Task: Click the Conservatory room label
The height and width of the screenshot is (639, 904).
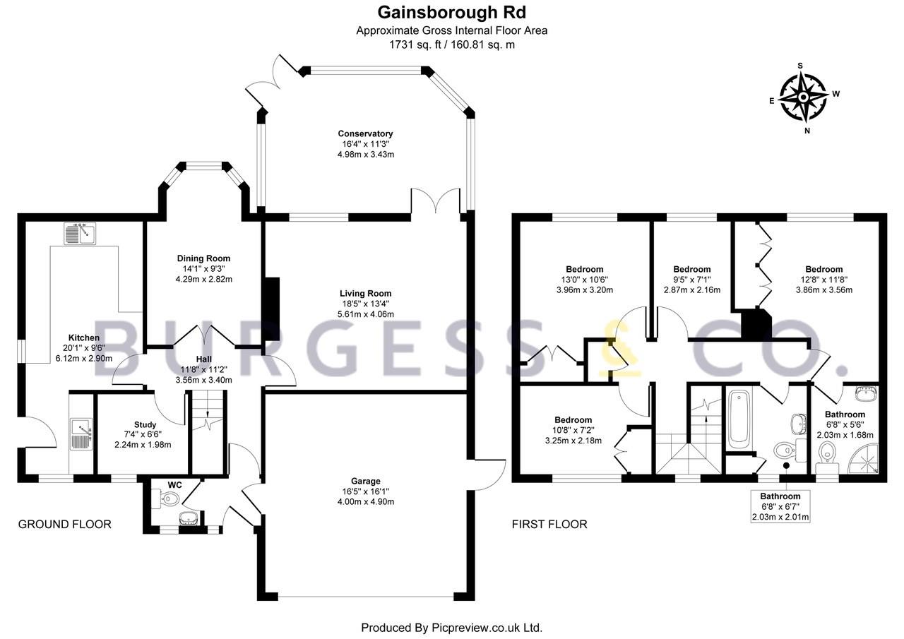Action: (365, 133)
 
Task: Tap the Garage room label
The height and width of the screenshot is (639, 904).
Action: (365, 481)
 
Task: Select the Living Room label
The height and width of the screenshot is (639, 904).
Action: (365, 293)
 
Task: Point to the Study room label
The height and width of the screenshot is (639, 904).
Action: (145, 424)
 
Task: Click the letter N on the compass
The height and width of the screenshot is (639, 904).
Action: (807, 131)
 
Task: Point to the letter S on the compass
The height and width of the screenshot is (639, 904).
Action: (800, 66)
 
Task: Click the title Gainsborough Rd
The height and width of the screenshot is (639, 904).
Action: (451, 13)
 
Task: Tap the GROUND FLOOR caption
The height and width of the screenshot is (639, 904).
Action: (64, 524)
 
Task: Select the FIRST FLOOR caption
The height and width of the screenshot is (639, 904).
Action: (549, 524)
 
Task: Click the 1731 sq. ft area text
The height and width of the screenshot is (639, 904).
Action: (416, 44)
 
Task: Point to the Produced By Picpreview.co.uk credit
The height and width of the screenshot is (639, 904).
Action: (451, 627)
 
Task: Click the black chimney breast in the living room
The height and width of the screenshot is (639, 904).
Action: (271, 309)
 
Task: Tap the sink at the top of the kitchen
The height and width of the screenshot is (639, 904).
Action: (80, 234)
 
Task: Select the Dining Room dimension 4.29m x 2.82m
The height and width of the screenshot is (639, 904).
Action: (204, 279)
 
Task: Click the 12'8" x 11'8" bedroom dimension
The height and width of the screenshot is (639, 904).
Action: (824, 279)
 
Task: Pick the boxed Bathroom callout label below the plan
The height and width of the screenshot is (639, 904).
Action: (780, 506)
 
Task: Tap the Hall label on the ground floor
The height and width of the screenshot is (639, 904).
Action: (204, 359)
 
